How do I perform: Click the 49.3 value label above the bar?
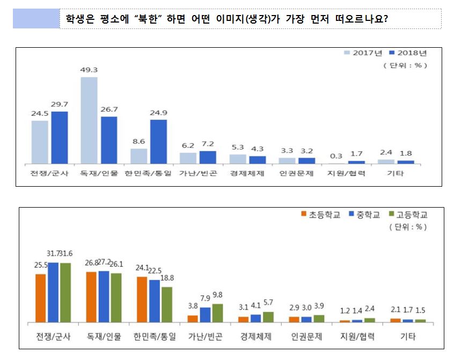(x=89, y=71)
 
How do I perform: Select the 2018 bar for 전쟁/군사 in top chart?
(x=60, y=137)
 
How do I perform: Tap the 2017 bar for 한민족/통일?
(x=139, y=156)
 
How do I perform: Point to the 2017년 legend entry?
(x=363, y=53)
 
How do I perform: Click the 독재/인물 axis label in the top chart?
(x=99, y=174)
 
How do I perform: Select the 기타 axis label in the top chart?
(x=397, y=174)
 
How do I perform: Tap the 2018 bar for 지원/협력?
(x=356, y=161)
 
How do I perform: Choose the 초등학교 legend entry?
(x=320, y=215)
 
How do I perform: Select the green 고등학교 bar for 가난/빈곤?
(x=217, y=313)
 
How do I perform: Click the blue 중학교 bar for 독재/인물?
(x=104, y=296)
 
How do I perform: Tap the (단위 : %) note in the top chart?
(x=405, y=65)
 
